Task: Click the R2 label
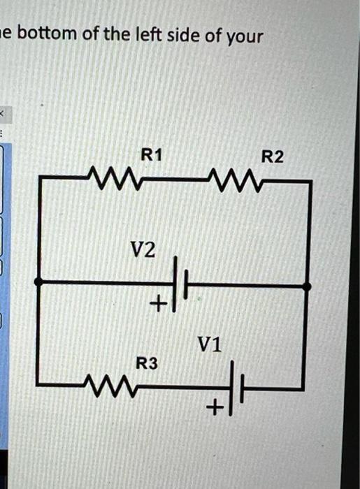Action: coord(273,157)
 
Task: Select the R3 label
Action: coord(147,363)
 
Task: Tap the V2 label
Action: coord(143,249)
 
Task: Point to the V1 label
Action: coord(210,344)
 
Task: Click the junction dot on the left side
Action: coord(38,282)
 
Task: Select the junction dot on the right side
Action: coord(306,285)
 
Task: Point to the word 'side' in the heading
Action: coord(184,34)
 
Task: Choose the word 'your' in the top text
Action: coord(244,36)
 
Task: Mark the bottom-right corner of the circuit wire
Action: coord(303,388)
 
